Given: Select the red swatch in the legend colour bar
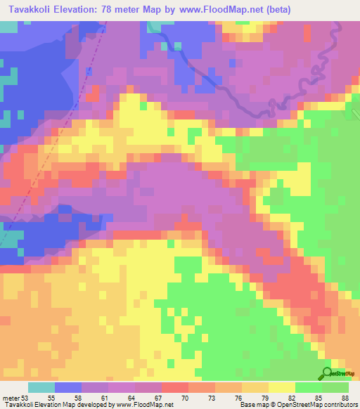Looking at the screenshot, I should [x=174, y=387].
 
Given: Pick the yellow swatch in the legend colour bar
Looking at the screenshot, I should [x=281, y=387].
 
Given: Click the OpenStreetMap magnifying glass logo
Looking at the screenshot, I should [x=326, y=373].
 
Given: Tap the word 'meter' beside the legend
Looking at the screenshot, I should [x=11, y=397].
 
